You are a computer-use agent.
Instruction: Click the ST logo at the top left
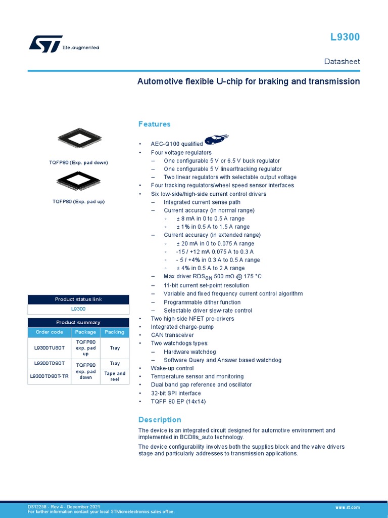pyautogui.click(x=45, y=44)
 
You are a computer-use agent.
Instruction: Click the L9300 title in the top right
pyautogui.click(x=345, y=37)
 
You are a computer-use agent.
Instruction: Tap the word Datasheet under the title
pyautogui.click(x=342, y=61)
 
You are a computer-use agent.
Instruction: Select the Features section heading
pyautogui.click(x=155, y=124)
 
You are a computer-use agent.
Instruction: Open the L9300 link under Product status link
pyautogui.click(x=78, y=309)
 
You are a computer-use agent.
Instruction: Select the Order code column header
pyautogui.click(x=50, y=332)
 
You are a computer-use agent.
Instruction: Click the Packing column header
pyautogui.click(x=115, y=332)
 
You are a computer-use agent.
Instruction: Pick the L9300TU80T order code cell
pyautogui.click(x=50, y=349)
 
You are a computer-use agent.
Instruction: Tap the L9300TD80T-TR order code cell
pyautogui.click(x=50, y=376)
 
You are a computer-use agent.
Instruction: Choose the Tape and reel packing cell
pyautogui.click(x=115, y=376)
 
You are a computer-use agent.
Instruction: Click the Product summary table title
pyautogui.click(x=78, y=322)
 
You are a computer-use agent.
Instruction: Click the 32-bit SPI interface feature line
pyautogui.click(x=176, y=393)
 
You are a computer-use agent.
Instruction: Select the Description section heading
pyautogui.click(x=160, y=420)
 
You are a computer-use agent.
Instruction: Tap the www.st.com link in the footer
pyautogui.click(x=348, y=507)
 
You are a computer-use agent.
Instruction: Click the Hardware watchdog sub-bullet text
pyautogui.click(x=190, y=352)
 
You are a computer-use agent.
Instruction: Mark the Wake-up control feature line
pyautogui.click(x=172, y=368)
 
